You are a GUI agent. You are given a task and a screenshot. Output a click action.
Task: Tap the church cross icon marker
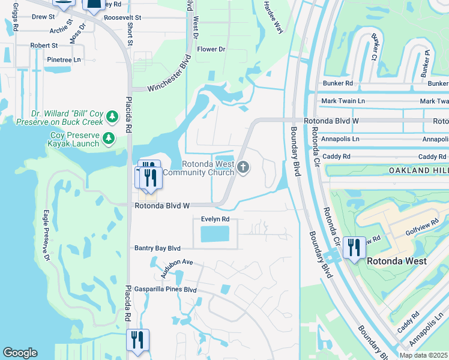pos(243,167)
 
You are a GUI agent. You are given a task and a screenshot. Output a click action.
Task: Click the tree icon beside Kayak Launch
pos(109,139)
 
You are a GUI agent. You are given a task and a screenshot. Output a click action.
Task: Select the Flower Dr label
pos(211,49)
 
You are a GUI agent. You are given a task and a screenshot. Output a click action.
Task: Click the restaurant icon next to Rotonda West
pos(354,247)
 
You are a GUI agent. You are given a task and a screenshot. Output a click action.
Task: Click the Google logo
pos(20,353)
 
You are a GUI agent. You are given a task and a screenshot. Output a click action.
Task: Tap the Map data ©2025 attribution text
pos(423,355)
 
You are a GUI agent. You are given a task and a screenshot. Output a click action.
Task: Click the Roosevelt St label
pos(122,18)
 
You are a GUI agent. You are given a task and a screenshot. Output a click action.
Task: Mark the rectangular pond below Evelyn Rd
pos(215,234)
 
